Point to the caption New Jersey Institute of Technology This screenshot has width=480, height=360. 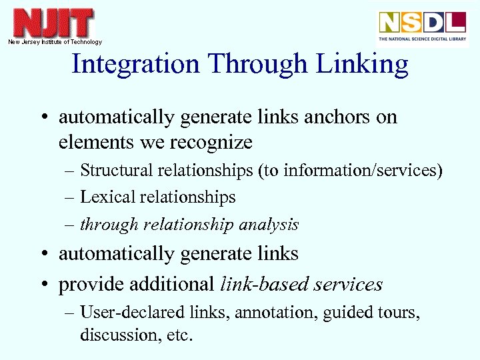[x=55, y=42]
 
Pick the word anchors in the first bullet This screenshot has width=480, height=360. [x=337, y=117]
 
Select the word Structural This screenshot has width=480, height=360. [x=117, y=171]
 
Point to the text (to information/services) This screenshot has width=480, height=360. [x=349, y=171]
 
